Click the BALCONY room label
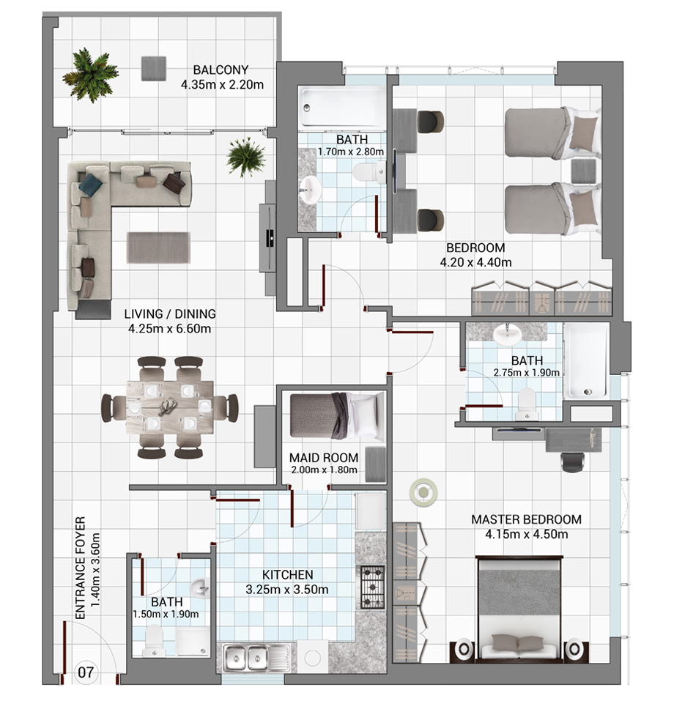(221, 70)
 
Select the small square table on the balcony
(154, 68)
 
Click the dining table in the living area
(170, 407)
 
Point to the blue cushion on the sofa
(91, 183)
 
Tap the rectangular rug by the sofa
(159, 248)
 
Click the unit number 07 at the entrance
(86, 672)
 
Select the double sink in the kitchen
(245, 658)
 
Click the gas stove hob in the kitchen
(371, 587)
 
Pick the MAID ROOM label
(323, 458)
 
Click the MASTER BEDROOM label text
(527, 519)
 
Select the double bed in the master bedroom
(519, 607)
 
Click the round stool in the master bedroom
(423, 493)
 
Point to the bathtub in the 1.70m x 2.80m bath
(341, 107)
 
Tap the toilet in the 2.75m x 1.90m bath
(526, 404)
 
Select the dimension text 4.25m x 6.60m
(169, 329)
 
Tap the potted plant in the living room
(246, 157)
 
